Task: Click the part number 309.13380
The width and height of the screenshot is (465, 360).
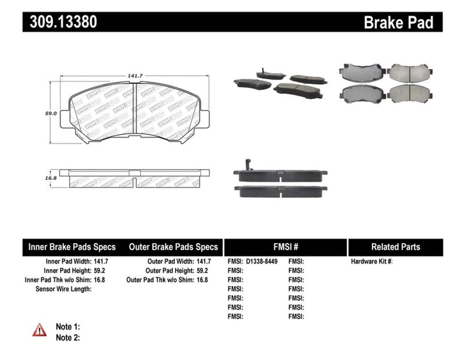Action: click(x=63, y=22)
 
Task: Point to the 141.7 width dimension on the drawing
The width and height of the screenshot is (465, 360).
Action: click(x=134, y=76)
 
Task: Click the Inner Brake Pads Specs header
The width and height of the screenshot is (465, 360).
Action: click(x=72, y=247)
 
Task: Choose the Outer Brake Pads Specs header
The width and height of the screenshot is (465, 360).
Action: click(x=173, y=247)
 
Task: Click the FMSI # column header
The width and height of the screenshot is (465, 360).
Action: click(x=285, y=247)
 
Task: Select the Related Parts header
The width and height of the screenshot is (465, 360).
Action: click(x=395, y=247)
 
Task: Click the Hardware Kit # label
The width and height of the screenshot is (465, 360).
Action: click(x=371, y=262)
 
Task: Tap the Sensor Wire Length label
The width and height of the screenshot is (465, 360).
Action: click(x=63, y=289)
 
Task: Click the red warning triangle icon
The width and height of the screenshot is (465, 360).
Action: click(x=40, y=330)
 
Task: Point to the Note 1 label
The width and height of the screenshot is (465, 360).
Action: click(x=68, y=327)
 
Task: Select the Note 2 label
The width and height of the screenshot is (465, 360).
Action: click(x=68, y=337)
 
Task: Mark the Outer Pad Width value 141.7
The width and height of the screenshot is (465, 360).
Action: click(x=203, y=262)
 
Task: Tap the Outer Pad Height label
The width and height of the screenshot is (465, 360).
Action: click(x=167, y=271)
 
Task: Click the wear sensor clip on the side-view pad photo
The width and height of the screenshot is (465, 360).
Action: click(x=247, y=165)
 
